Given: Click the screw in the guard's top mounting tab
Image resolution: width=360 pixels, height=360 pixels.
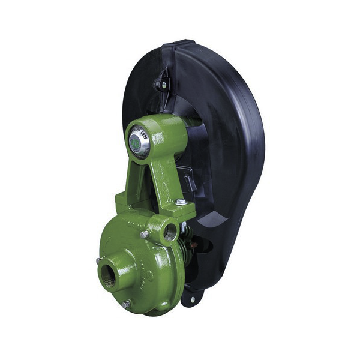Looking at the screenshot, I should coord(164,85).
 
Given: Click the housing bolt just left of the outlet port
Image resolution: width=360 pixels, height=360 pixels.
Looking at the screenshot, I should coord(144,233).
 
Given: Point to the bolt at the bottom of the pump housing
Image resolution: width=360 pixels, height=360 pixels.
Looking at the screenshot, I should coord(125,304).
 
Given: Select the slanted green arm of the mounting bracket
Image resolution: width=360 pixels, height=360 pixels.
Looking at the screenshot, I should coord(159,174).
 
